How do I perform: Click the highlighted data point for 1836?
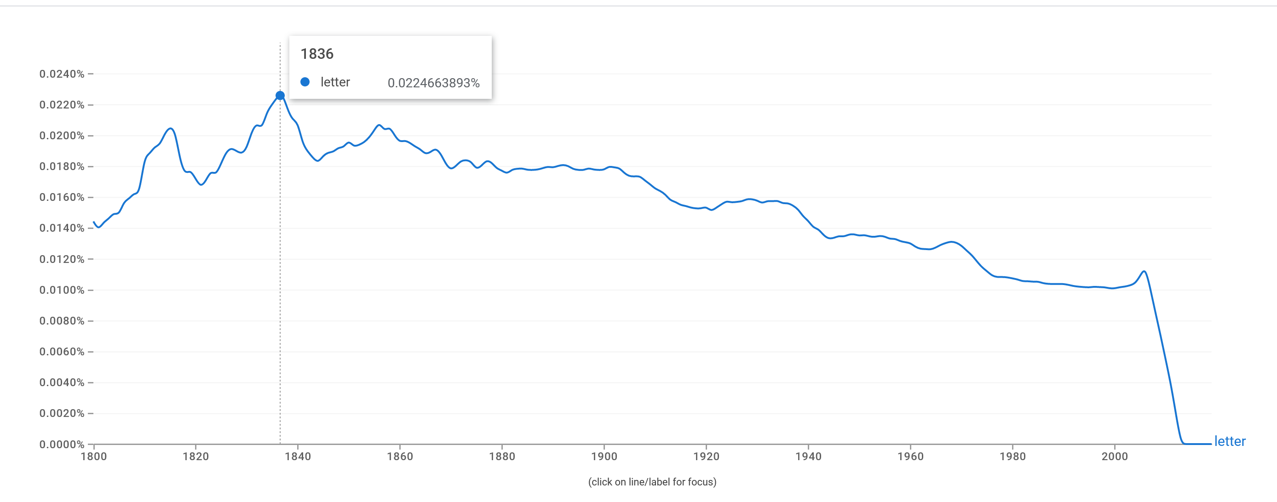click(x=280, y=96)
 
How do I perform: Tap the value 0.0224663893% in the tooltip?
click(x=433, y=83)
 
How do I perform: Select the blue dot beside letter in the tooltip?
click(x=305, y=82)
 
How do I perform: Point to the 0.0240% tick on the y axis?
click(x=62, y=74)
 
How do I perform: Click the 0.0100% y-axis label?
click(x=62, y=290)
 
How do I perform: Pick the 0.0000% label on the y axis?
click(x=62, y=444)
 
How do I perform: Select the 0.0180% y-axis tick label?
click(x=62, y=166)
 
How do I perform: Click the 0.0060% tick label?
click(x=62, y=352)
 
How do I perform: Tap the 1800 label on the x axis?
click(x=94, y=456)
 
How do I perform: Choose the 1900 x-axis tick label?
click(x=604, y=456)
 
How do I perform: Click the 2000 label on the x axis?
click(x=1115, y=456)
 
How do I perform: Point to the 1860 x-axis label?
click(x=400, y=456)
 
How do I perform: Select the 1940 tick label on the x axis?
click(x=808, y=456)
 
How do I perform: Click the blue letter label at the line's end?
click(x=1230, y=441)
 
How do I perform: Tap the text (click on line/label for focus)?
click(x=652, y=482)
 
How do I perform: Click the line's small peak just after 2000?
click(x=1144, y=272)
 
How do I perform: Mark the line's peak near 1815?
click(x=171, y=129)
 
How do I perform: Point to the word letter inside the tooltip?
click(x=335, y=82)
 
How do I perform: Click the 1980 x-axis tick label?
click(x=1012, y=456)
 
